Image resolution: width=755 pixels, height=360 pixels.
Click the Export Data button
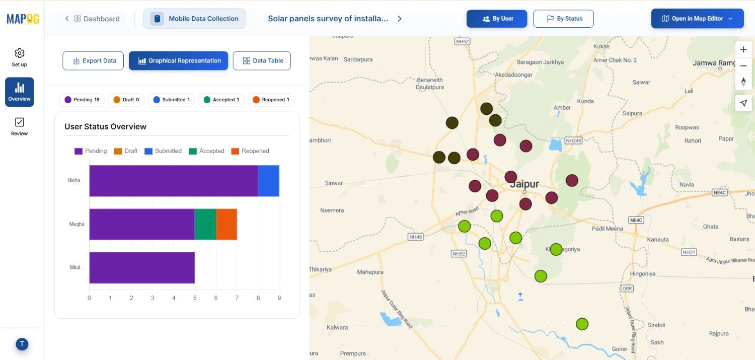(93, 60)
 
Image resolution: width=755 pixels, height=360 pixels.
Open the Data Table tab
(262, 60)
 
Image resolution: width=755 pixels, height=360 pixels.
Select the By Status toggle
(563, 19)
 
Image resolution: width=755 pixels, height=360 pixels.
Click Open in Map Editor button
(697, 19)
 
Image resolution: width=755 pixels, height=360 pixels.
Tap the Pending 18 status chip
(82, 100)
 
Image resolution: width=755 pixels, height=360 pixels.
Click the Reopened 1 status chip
(271, 100)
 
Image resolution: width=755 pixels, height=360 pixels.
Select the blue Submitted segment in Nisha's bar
(269, 181)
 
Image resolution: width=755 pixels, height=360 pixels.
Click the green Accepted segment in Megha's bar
(205, 224)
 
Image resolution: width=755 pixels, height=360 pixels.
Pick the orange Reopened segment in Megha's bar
(226, 224)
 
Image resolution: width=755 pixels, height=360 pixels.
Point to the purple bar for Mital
(142, 267)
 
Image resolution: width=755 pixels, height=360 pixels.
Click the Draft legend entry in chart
(126, 151)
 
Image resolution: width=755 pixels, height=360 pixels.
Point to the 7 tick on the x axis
(237, 298)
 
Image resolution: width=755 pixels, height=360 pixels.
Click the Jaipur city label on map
(524, 184)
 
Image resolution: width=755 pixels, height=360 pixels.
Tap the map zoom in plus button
(743, 50)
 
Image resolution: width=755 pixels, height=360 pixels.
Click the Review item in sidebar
(20, 126)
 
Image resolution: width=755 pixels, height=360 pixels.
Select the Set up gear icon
(20, 53)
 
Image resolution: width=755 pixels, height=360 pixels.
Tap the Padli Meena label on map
(608, 229)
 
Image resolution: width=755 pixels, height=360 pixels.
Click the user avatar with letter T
(22, 344)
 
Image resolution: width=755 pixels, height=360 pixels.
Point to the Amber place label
(562, 107)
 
